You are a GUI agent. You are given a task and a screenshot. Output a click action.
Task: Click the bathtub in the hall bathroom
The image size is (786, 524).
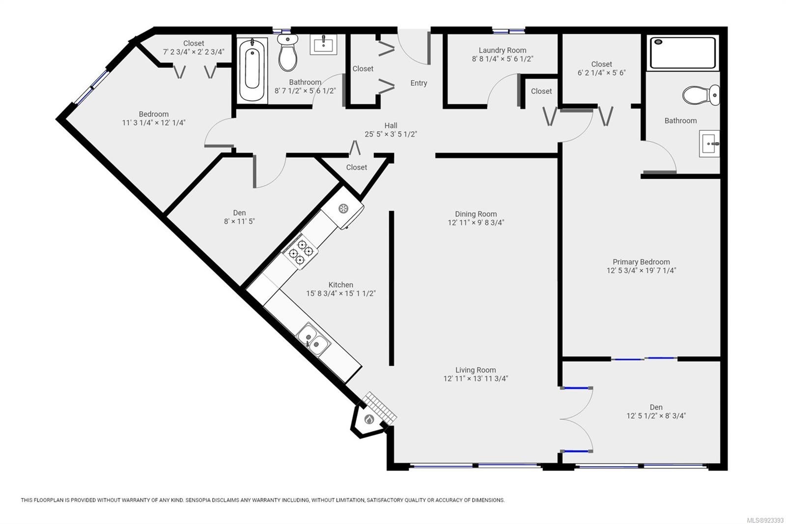coord(252,70)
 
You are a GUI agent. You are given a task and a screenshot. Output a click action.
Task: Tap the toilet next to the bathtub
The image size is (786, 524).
coord(288,52)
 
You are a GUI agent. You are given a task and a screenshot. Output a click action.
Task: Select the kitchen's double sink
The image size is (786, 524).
coord(313,339)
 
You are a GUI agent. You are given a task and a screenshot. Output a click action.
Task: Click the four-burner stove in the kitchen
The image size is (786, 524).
coord(300,252)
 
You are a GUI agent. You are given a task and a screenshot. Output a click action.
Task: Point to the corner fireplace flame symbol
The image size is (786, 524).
coord(369,419)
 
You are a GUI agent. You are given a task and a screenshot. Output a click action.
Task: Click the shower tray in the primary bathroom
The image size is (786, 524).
coord(683,53)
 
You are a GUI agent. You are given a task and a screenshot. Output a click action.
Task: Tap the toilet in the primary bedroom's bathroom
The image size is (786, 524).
coord(701,94)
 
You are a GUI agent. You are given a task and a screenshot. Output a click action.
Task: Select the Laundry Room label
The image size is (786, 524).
coord(503,50)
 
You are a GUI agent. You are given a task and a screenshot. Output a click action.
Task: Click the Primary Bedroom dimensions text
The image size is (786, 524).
coord(641,270)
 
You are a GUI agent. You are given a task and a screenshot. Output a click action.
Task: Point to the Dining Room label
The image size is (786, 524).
coord(476,214)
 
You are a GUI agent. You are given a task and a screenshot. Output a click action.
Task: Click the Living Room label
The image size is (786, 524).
coord(476,370)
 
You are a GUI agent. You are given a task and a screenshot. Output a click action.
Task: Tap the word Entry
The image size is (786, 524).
coord(419,83)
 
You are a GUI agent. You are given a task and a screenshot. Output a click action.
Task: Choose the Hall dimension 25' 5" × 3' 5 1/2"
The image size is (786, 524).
coord(391,134)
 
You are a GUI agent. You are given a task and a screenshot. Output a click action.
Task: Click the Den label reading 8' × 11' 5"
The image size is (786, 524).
coord(239,221)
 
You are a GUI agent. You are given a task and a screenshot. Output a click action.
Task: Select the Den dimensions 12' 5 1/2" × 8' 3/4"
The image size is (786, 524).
coord(656,416)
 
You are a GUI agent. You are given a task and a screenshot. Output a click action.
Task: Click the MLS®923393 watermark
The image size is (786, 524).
coord(765,520)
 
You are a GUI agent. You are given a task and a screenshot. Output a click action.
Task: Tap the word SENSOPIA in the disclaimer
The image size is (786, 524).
coord(199,500)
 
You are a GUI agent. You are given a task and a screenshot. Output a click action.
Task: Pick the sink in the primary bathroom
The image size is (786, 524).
coord(709,144)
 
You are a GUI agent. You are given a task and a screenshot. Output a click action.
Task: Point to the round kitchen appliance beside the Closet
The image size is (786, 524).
coord(343,208)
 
